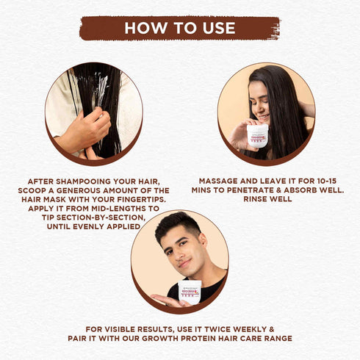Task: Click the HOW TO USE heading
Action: click(x=180, y=28)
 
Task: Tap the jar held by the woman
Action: click(x=257, y=136)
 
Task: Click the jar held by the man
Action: click(x=190, y=292)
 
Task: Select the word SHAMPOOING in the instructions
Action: click(x=84, y=181)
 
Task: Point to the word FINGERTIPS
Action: click(x=142, y=200)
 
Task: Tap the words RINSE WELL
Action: click(x=267, y=199)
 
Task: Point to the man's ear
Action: click(x=203, y=240)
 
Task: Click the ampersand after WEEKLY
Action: click(x=271, y=329)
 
